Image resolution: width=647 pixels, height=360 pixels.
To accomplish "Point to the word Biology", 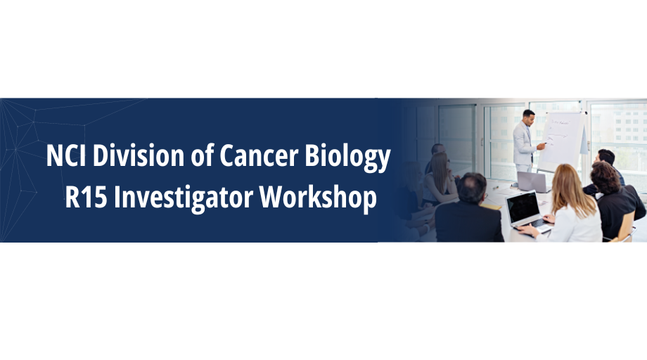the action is pos(347,157).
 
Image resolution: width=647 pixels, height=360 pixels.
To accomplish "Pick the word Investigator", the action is pos(184,198).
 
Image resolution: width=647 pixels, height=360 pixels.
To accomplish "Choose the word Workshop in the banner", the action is pos(318,198).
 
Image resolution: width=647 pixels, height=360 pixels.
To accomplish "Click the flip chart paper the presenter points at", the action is pos(563,140).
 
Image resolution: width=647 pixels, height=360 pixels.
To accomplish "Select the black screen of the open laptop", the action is pos(523,207).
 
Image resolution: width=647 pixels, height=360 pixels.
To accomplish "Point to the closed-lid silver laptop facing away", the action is pos(533,182).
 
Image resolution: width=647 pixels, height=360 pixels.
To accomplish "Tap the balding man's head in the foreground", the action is pos(473,188).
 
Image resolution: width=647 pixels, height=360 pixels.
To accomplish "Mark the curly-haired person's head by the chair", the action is pos(606,177).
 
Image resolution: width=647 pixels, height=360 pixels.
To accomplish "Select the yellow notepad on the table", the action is pos(491,206).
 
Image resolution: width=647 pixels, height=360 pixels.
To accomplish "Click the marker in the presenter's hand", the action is pos(544,144).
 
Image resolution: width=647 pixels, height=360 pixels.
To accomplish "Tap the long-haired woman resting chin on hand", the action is pos(441,178).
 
